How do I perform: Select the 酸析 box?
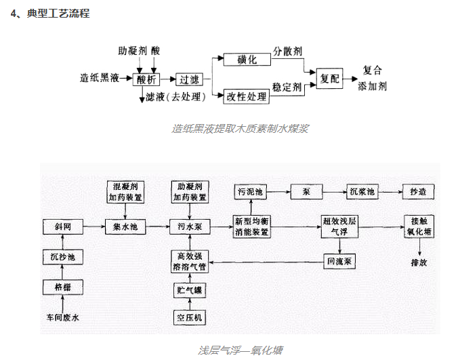pos(147,79)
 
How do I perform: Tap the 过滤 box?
pos(189,79)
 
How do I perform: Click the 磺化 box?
pos(247,60)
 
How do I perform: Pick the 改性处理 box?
pos(247,97)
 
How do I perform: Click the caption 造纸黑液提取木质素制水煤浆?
pos(240,128)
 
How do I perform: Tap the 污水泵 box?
pos(190,226)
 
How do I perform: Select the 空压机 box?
pos(190,318)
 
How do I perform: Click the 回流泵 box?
pos(339,260)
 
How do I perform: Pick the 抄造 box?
pos(418,192)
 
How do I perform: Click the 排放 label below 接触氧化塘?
pos(419,262)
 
